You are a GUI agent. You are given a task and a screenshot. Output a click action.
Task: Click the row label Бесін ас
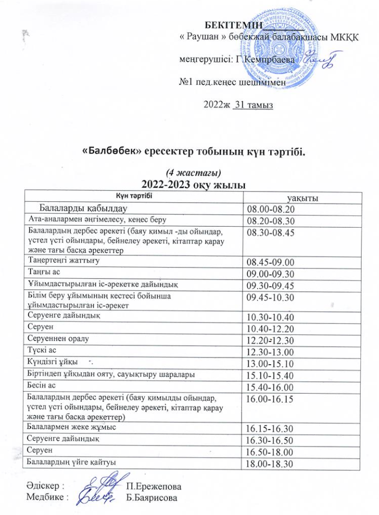pos(42,386)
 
